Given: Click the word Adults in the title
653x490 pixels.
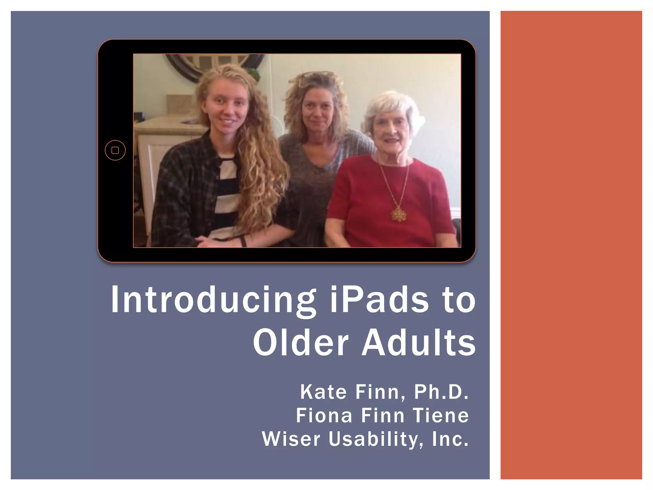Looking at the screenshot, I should coord(419,343).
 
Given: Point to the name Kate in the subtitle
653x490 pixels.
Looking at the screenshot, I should coord(323,392).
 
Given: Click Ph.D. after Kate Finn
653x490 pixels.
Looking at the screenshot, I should coord(441,392).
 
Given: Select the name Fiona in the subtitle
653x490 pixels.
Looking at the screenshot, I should coord(324,416).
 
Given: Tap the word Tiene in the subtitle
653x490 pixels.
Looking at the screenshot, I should coord(441,416).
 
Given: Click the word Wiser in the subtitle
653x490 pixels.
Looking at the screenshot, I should coord(291,439).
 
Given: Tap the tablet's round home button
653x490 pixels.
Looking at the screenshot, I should coord(115,150).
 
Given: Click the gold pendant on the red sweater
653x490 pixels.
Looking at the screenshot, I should coord(398,214).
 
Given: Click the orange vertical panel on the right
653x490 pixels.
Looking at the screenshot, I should coord(571,245).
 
